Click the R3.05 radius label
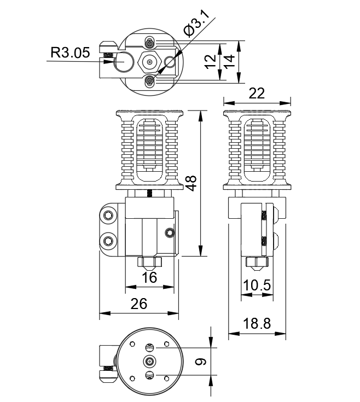[69, 53]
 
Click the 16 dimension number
[149, 277]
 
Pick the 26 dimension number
[138, 304]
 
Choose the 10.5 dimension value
[257, 286]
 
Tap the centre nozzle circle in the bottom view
[149, 361]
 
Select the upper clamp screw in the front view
[108, 217]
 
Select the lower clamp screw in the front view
[108, 241]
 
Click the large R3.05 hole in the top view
[124, 62]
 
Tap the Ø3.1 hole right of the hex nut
[170, 62]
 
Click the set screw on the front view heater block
[169, 234]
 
